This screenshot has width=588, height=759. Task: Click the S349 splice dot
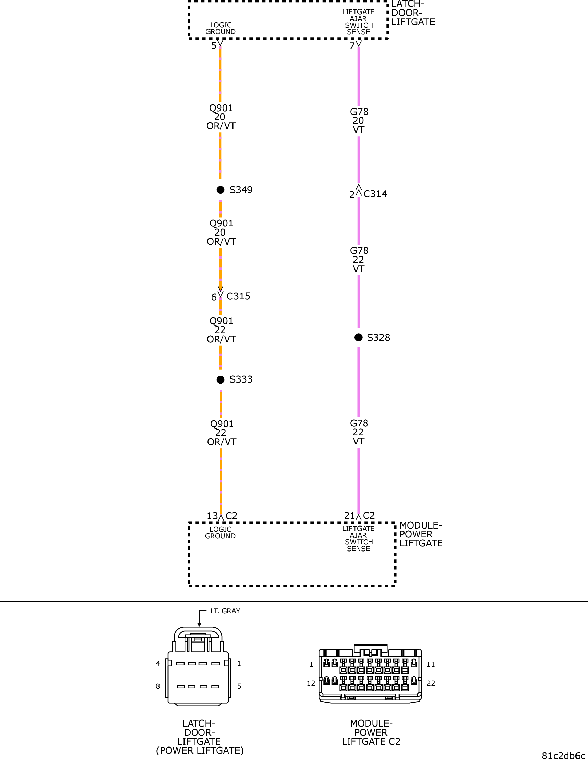pos(220,190)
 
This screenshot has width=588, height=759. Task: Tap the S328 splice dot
pos(358,337)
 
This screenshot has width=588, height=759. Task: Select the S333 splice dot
pos(220,379)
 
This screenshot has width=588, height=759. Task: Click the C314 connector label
pos(375,194)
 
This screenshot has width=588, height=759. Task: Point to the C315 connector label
pos(238,296)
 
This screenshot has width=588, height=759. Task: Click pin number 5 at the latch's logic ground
pos(214,46)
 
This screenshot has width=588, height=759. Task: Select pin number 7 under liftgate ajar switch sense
pos(352,46)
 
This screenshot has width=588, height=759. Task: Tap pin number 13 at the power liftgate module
pos(212,516)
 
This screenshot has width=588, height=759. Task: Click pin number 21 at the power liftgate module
pos(349,515)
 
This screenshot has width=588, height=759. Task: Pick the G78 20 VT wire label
pos(359,121)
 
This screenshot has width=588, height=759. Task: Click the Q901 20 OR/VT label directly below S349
pos(221,232)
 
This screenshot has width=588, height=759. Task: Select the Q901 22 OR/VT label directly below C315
pos(221,330)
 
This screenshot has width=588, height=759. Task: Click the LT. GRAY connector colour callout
pos(225,611)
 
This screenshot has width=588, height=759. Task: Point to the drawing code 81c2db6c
pos(563,755)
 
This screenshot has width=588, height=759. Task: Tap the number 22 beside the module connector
pos(431,683)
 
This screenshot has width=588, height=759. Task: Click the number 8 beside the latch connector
pos(158,686)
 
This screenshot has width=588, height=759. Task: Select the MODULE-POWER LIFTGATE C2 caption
pos(371,732)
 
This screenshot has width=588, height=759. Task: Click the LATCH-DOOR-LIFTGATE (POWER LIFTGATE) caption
pos(199,737)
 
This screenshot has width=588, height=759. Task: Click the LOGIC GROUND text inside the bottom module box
pos(220,532)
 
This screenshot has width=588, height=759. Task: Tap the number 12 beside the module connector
pos(311,683)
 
